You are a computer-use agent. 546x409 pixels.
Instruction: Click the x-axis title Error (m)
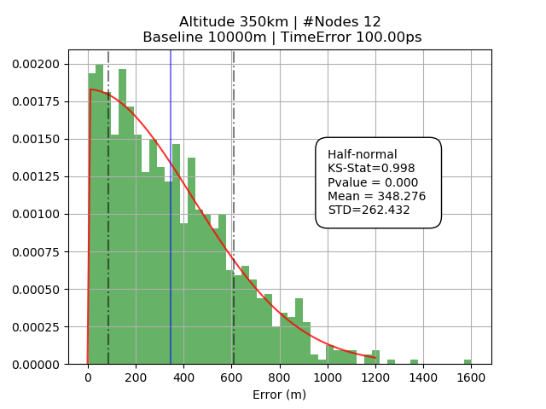pos(279,395)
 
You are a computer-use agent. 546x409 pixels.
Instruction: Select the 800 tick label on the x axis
pos(280,378)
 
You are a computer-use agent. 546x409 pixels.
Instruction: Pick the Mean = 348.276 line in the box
pos(376,196)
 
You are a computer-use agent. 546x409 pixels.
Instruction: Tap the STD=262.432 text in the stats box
pos(369,210)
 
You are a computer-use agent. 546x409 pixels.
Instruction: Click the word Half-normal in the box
pos(362,154)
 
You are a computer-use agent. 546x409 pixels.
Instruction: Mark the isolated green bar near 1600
pos(468,362)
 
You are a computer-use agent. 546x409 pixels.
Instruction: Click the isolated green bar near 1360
pos(414,362)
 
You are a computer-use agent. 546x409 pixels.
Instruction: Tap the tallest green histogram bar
pos(99,213)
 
